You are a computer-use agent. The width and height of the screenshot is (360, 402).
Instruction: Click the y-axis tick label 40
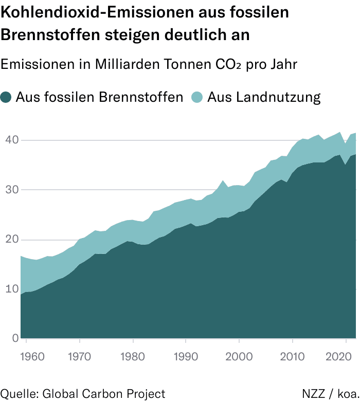tap(11, 140)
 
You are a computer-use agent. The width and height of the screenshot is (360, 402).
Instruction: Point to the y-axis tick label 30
tap(11, 190)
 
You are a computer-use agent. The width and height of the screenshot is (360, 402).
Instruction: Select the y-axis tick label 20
tap(11, 239)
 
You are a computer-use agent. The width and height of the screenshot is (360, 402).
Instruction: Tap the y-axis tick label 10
tap(11, 289)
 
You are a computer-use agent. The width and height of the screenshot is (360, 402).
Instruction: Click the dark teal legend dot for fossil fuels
tap(6, 97)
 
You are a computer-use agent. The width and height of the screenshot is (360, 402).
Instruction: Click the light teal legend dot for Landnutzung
tap(197, 97)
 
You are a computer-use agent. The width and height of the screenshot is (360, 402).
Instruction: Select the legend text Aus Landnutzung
tap(264, 97)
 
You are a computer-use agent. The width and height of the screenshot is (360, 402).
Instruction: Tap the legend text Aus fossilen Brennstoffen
tap(99, 97)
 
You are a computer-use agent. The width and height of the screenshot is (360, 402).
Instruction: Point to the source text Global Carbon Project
tap(103, 394)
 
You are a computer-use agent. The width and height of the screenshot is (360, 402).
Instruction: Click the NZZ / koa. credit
tap(330, 394)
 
